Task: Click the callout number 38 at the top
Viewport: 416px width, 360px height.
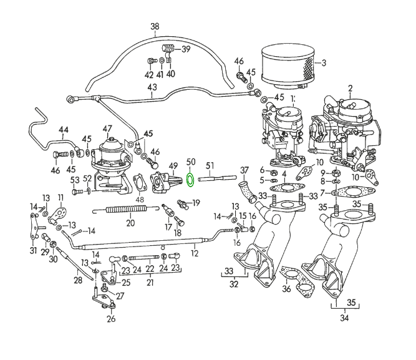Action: point(155,26)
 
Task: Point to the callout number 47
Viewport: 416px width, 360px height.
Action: point(107,129)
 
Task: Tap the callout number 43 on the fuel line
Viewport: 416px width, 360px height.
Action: point(152,87)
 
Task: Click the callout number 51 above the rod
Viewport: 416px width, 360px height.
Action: point(210,166)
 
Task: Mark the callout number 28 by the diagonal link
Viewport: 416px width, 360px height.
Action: point(78,281)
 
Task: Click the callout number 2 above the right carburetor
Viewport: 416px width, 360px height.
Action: point(351,88)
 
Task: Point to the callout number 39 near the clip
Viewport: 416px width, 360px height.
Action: point(185,49)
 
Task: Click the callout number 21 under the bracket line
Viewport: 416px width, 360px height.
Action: point(150,283)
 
